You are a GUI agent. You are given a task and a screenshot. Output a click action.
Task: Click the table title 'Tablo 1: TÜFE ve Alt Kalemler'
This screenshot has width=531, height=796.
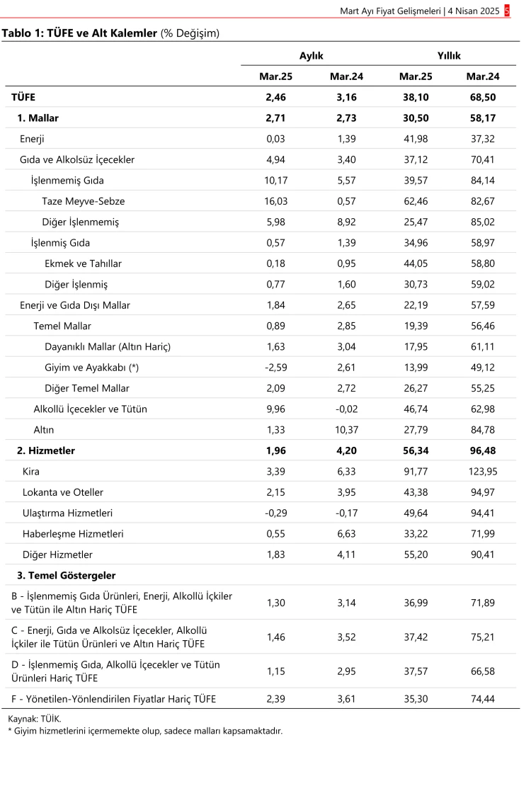point(79,33)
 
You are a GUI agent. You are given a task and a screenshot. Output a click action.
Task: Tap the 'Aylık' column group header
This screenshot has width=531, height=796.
point(312,55)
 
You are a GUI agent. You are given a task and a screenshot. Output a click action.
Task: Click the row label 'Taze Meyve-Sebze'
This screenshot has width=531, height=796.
point(80,201)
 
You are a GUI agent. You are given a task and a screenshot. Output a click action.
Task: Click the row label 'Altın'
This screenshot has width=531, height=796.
point(44,430)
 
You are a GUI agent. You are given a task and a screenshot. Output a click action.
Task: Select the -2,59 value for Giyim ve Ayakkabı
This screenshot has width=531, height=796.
point(277,368)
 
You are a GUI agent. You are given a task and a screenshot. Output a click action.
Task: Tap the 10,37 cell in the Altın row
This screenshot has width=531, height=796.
point(348,430)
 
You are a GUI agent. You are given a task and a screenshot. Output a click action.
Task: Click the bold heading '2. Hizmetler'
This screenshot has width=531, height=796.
point(47,450)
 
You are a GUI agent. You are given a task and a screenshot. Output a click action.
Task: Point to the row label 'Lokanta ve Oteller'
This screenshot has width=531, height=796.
point(64,492)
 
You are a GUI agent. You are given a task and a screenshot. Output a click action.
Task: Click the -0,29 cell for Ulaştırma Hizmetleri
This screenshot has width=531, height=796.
point(277,513)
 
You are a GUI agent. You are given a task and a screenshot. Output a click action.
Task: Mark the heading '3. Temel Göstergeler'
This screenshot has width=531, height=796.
point(67,576)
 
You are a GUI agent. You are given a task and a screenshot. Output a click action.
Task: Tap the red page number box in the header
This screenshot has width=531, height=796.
point(507,11)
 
